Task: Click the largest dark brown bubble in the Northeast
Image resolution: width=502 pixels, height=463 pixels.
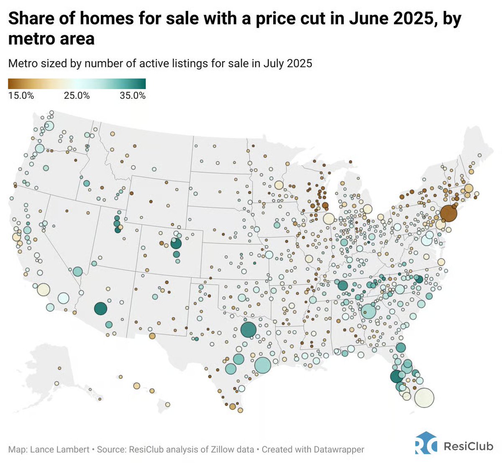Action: coord(448,213)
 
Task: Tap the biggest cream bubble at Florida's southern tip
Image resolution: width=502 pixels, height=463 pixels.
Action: coord(424,398)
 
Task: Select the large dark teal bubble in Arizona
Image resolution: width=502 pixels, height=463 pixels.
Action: coord(100,309)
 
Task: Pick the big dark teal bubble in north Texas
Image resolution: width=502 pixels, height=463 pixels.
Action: coord(248,330)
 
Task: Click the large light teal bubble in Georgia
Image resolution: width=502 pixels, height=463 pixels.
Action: coord(369,311)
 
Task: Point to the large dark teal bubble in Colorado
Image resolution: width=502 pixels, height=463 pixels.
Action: coord(176,243)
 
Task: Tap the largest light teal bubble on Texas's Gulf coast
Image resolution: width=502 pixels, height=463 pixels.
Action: coord(262,365)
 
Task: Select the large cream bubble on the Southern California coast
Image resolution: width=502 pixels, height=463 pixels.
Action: coord(43,289)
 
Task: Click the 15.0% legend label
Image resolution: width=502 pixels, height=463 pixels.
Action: coord(21,95)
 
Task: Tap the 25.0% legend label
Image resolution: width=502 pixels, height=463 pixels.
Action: coord(77,95)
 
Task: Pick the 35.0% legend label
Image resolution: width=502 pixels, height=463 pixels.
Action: coord(133,95)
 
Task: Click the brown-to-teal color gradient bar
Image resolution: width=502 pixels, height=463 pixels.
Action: coord(77,84)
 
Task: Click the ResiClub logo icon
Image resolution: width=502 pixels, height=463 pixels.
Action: coord(426,443)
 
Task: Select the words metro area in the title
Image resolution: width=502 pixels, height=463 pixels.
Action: coord(51,39)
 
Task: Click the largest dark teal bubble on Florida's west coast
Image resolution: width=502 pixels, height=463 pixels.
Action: coord(396,376)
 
